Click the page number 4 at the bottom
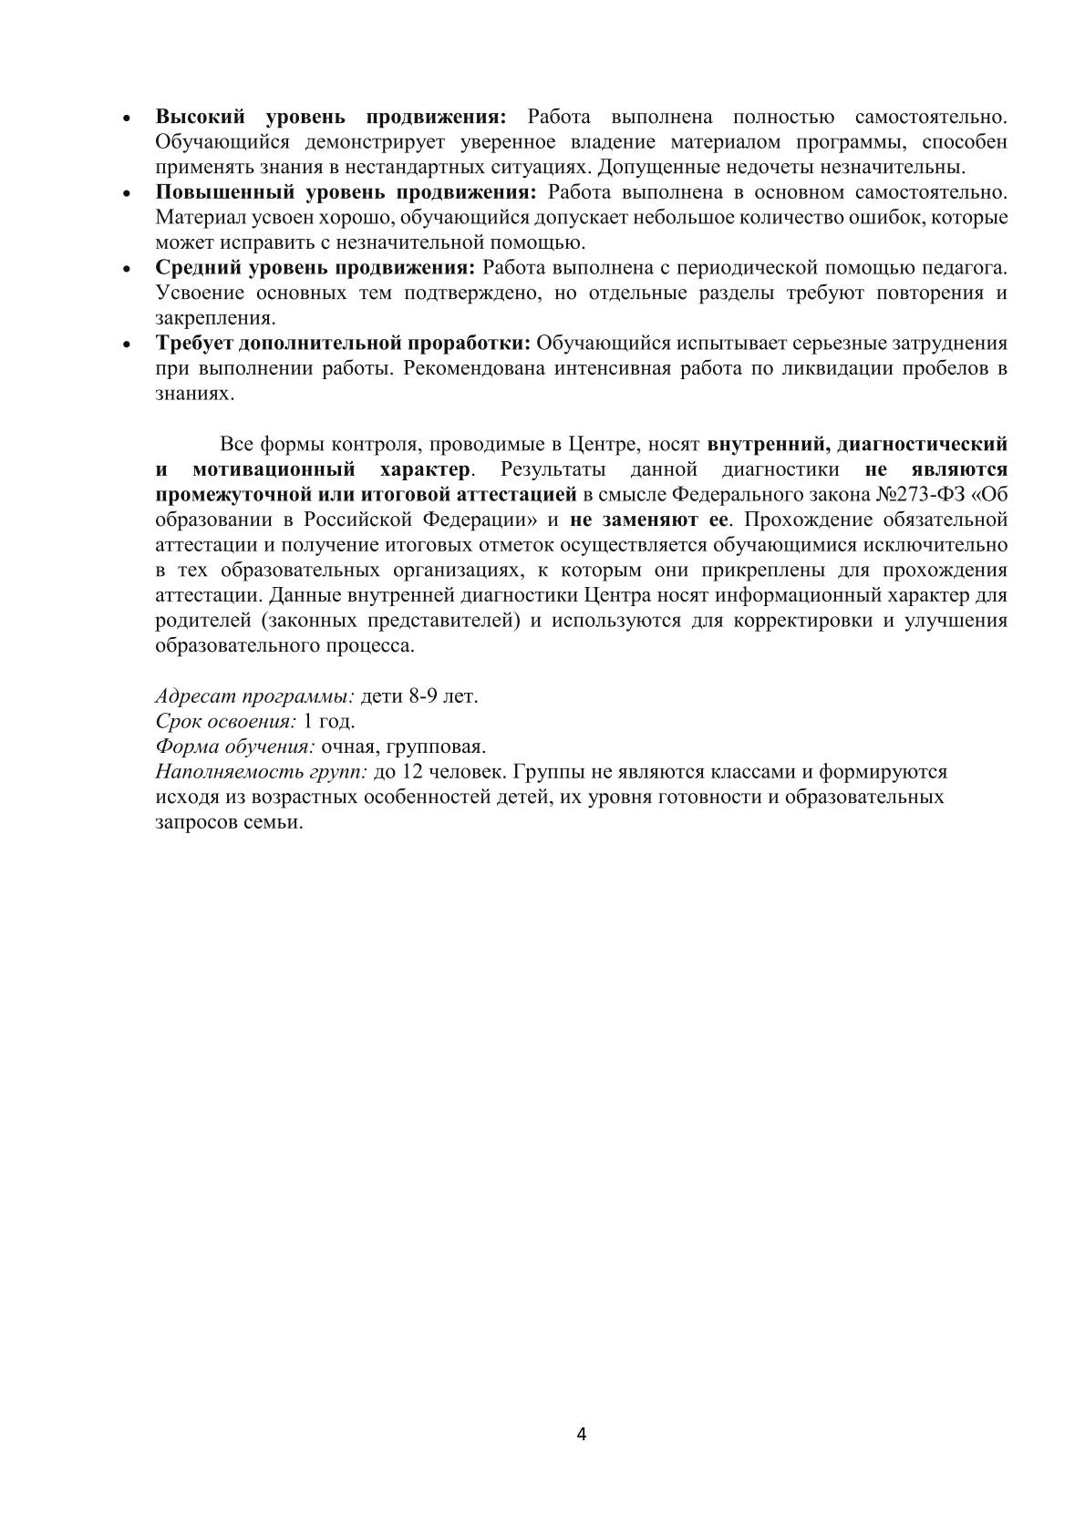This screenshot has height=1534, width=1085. [x=582, y=1435]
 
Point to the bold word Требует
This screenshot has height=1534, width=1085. [x=193, y=344]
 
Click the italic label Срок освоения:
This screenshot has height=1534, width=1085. [x=226, y=721]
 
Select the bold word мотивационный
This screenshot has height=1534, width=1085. [x=274, y=469]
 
